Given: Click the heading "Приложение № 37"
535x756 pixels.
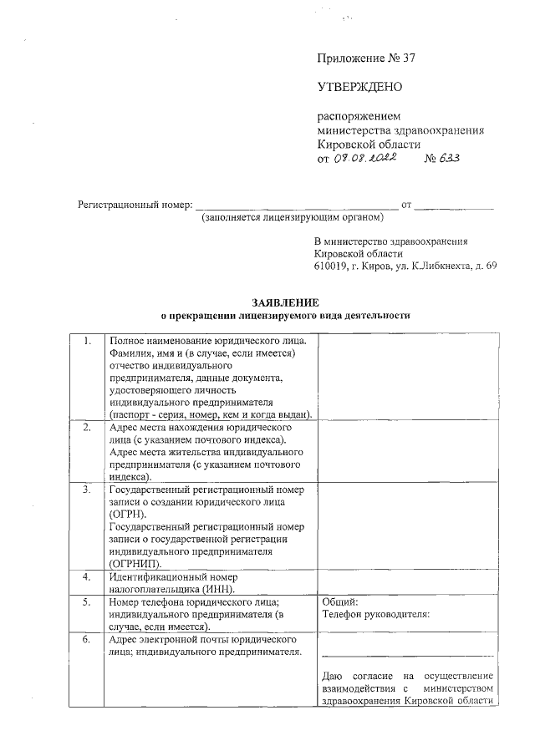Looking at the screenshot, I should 366,58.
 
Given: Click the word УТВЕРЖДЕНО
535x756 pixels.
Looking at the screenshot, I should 359,86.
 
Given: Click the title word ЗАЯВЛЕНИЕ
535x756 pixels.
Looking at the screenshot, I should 285,302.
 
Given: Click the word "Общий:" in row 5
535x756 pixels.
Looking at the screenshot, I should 339,601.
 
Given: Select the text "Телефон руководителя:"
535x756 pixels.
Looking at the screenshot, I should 375,614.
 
